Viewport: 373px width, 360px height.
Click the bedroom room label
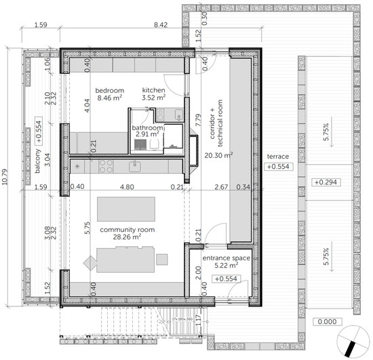(x=109, y=90)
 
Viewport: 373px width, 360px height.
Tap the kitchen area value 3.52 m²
(x=153, y=98)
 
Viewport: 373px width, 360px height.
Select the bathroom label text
(x=148, y=127)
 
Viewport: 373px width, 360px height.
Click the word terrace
(x=277, y=156)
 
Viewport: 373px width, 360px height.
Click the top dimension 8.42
(x=160, y=25)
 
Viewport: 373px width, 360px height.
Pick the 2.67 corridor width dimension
(x=220, y=187)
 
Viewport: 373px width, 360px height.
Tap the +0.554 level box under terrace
(x=278, y=166)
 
